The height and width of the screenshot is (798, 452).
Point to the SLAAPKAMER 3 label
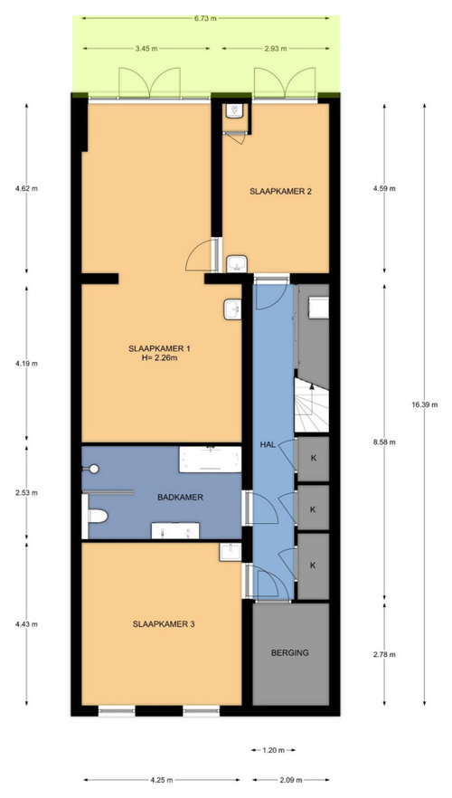(164, 622)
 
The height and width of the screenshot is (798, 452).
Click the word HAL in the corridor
(267, 445)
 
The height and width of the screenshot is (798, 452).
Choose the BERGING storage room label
(289, 651)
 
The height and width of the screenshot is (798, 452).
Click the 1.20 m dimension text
(274, 750)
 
